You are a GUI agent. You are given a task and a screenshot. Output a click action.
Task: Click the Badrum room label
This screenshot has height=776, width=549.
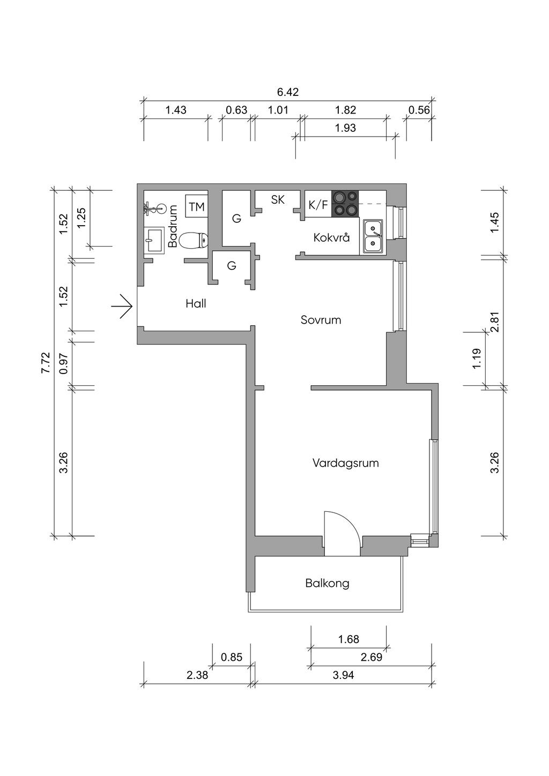[172, 226]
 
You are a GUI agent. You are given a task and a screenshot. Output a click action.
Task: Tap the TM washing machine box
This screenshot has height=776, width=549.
[197, 206]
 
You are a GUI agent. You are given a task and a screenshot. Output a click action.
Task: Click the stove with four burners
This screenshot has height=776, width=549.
[345, 204]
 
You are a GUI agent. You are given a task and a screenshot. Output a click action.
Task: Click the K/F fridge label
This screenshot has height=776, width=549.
[318, 205]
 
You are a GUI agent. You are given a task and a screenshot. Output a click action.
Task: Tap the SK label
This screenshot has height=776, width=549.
[278, 199]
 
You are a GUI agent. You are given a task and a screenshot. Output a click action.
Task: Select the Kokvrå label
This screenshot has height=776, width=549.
[331, 237]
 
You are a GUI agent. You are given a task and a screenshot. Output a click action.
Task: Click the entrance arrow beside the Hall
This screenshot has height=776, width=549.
[122, 306]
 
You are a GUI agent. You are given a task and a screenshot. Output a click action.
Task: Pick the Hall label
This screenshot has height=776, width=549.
[196, 304]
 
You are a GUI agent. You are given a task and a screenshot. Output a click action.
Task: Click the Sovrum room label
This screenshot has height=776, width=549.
[321, 320]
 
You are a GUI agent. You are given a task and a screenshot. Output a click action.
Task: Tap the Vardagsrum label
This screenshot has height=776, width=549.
[346, 463]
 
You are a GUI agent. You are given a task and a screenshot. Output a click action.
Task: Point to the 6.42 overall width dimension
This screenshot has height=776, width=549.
[288, 92]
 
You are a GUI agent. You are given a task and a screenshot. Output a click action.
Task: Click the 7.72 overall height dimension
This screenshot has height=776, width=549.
[46, 362]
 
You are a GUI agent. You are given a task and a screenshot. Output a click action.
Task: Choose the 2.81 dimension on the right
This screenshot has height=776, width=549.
[495, 321]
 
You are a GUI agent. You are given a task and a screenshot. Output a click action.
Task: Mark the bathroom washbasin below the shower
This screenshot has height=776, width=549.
[154, 240]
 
